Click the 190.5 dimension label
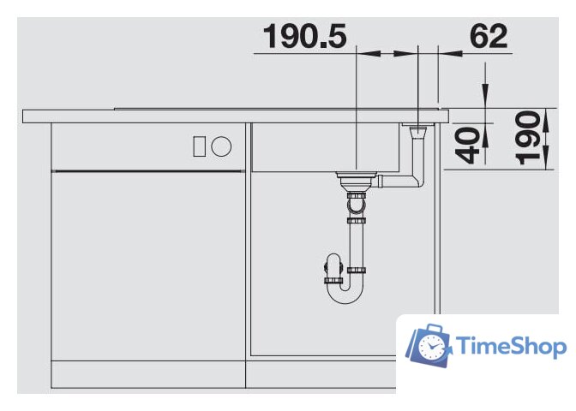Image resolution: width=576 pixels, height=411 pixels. [304, 36]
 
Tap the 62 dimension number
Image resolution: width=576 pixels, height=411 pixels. [489, 36]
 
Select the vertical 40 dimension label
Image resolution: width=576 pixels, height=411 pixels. [467, 145]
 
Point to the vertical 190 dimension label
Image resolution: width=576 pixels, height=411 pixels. [528, 138]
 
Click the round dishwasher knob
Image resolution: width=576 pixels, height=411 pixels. [221, 146]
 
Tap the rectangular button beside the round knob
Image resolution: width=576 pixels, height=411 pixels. [200, 146]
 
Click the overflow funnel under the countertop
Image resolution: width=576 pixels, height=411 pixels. [417, 131]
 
